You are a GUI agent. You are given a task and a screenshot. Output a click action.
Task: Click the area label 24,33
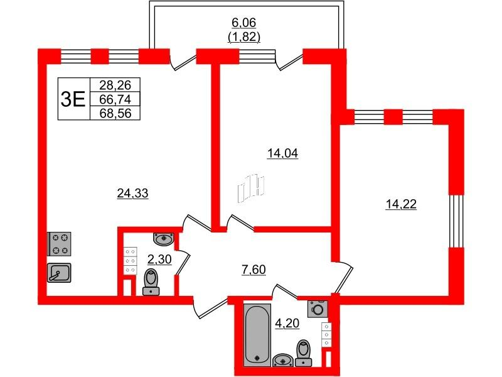tap(132, 194)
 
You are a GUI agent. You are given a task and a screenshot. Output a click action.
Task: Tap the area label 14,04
tap(283, 153)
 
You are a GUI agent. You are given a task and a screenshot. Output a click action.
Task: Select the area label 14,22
tap(401, 204)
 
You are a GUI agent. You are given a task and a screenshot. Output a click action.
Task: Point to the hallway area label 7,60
tap(254, 270)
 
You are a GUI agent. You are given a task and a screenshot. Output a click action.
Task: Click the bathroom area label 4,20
tap(287, 324)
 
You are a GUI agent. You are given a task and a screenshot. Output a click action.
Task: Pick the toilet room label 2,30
tap(159, 259)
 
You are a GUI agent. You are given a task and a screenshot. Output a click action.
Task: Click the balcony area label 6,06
tap(244, 23)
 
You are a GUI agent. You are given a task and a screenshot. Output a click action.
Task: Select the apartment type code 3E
tap(73, 99)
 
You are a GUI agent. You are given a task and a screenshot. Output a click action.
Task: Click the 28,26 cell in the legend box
tap(115, 85)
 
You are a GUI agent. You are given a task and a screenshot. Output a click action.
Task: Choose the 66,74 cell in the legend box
tap(115, 99)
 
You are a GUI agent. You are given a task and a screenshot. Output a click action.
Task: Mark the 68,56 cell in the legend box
tap(115, 113)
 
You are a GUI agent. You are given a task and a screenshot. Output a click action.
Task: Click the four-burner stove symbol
tap(59, 244)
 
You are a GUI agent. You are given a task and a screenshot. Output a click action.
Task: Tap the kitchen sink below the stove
tap(59, 273)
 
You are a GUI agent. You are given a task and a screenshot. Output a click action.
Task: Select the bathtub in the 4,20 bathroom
tap(257, 335)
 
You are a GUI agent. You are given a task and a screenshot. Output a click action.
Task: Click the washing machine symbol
tap(318, 309)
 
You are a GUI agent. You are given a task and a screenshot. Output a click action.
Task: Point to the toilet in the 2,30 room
tap(151, 282)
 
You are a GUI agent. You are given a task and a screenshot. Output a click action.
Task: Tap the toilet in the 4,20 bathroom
tap(304, 353)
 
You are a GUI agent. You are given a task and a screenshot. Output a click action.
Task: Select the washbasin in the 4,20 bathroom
tap(283, 360)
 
